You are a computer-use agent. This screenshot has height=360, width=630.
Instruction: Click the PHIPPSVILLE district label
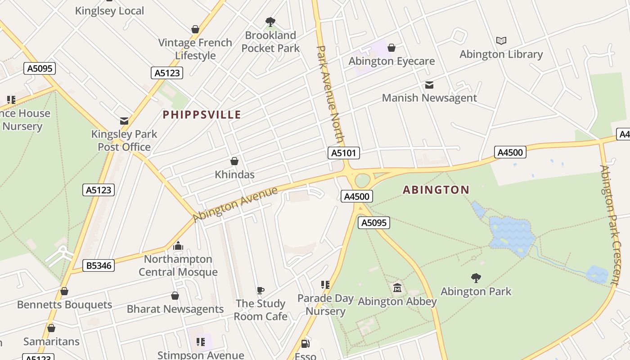(202, 115)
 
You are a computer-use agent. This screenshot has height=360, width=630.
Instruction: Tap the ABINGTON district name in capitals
(436, 189)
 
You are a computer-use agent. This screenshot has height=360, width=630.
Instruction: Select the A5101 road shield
(343, 153)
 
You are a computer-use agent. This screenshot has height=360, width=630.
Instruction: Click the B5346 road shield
(99, 265)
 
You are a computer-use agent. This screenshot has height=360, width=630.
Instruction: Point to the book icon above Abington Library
(501, 40)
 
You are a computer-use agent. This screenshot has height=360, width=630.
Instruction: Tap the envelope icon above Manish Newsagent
(429, 85)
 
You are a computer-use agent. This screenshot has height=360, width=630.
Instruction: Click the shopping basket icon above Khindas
(234, 161)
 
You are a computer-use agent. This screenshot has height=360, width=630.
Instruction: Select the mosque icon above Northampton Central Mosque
(178, 246)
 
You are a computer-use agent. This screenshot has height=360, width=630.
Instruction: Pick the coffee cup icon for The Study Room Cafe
(260, 290)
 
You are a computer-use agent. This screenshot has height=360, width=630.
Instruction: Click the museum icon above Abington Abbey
(397, 288)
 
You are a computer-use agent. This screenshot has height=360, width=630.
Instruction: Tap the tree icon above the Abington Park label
(476, 278)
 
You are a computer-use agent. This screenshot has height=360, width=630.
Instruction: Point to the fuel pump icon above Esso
(305, 344)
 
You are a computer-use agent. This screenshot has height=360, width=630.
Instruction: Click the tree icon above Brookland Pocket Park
(270, 21)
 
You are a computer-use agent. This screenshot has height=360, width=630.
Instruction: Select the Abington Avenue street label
(235, 204)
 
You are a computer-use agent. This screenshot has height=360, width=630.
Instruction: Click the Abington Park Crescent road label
(611, 225)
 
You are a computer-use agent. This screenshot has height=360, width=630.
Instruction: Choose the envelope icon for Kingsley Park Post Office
(124, 121)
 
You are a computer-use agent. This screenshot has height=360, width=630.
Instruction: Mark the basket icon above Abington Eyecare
(391, 48)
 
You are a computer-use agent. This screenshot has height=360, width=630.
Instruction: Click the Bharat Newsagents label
(175, 309)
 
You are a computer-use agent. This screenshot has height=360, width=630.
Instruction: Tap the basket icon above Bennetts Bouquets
(64, 292)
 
